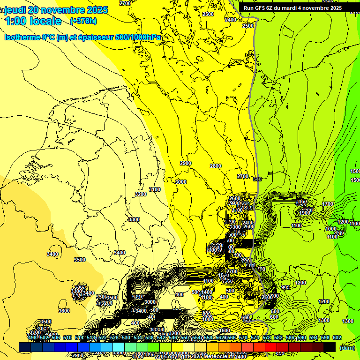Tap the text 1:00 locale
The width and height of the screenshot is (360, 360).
click(x=33, y=21)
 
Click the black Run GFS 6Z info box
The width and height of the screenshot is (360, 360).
click(x=292, y=8)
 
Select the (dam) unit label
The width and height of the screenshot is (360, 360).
click(x=347, y=347)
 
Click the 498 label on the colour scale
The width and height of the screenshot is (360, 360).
click(x=32, y=337)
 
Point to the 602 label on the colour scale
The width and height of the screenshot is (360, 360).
click(x=337, y=337)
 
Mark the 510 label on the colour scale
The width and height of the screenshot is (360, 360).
click(x=67, y=337)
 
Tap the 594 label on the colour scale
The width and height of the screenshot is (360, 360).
click(x=314, y=337)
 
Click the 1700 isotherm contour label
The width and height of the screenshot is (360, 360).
click(x=328, y=204)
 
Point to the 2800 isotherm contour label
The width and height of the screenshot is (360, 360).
click(x=216, y=166)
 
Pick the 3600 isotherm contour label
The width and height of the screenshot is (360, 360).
click(x=64, y=311)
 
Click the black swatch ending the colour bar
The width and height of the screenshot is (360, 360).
click(x=330, y=347)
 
